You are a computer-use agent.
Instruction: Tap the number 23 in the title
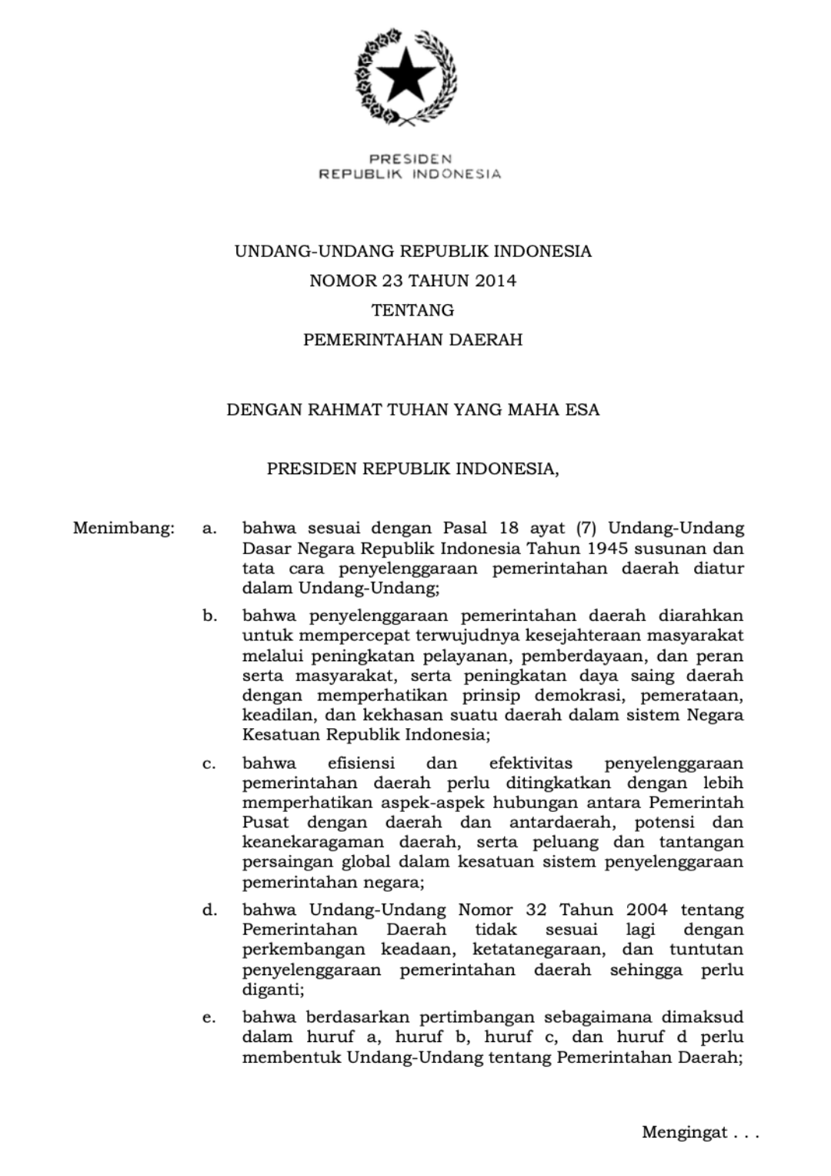click(392, 281)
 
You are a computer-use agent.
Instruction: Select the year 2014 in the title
click(496, 281)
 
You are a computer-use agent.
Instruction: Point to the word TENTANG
click(413, 310)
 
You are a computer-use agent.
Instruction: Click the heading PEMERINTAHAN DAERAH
click(413, 339)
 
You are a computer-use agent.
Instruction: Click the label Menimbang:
click(124, 529)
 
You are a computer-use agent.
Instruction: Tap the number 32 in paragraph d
click(536, 910)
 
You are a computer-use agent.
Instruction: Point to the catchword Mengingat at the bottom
click(685, 1132)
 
